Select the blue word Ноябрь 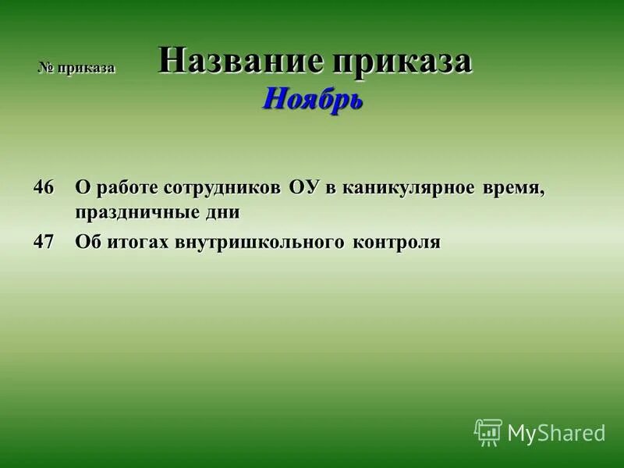(x=312, y=98)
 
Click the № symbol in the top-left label (x=46, y=68)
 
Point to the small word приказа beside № (x=86, y=68)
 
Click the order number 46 (x=44, y=187)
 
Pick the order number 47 (x=44, y=242)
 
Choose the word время (x=514, y=188)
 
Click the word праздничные (x=138, y=212)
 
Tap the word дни (x=223, y=212)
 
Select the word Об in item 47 (x=86, y=242)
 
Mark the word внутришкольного (x=253, y=243)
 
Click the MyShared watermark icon (x=488, y=432)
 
